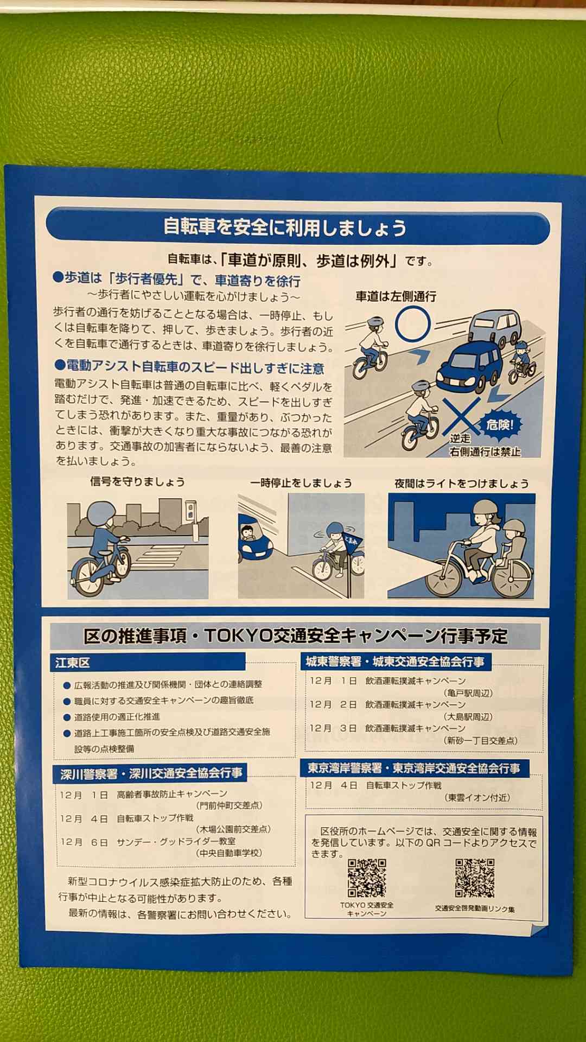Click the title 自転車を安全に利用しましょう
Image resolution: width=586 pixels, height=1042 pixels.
[285, 227]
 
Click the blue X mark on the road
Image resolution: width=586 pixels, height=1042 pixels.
[460, 416]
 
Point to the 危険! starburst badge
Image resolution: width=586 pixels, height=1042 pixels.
[499, 424]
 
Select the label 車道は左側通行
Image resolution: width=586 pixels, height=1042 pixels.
[396, 296]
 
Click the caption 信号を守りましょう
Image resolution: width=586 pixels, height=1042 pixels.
[137, 481]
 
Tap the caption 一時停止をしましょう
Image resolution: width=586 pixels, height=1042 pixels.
[301, 482]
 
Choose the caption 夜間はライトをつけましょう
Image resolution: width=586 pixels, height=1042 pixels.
[461, 483]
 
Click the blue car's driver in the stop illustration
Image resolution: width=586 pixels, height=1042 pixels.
[247, 532]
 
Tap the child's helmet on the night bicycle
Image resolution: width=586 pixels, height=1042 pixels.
[513, 527]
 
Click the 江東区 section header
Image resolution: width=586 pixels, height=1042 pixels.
[72, 663]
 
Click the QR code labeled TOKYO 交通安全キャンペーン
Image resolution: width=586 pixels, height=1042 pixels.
[367, 877]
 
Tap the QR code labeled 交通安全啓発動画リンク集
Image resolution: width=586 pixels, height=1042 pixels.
[475, 877]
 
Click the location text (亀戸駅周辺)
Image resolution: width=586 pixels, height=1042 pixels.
[468, 693]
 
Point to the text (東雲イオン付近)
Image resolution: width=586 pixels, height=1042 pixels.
[477, 797]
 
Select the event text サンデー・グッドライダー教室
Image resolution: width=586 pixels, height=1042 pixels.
[176, 841]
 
